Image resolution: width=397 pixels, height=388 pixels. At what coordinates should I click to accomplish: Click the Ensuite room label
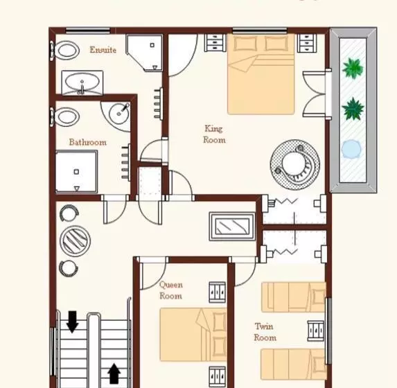pyautogui.click(x=103, y=50)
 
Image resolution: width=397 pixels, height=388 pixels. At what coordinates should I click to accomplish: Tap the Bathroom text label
pyautogui.click(x=87, y=142)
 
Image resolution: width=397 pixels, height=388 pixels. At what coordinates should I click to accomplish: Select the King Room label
pyautogui.click(x=214, y=134)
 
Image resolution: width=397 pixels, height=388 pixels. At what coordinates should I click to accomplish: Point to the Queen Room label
pyautogui.click(x=171, y=290)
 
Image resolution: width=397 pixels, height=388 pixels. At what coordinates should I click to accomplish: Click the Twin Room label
pyautogui.click(x=265, y=332)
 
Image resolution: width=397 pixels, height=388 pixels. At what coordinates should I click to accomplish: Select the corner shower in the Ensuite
pyautogui.click(x=145, y=53)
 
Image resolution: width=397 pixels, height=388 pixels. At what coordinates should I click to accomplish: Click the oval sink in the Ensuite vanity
pyautogui.click(x=82, y=82)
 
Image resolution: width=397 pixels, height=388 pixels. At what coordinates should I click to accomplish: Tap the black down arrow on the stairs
pyautogui.click(x=73, y=321)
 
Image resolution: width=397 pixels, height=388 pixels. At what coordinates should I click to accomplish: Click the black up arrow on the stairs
pyautogui.click(x=114, y=373)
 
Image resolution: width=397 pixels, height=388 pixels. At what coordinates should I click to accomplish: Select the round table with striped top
pyautogui.click(x=76, y=240)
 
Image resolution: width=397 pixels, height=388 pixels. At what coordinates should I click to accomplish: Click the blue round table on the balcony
pyautogui.click(x=351, y=150)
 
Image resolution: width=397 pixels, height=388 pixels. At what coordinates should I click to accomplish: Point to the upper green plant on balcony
pyautogui.click(x=353, y=69)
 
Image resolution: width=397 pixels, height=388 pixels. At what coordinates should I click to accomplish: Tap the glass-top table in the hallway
pyautogui.click(x=231, y=226)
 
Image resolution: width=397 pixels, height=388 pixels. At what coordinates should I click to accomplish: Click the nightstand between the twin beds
pyautogui.click(x=316, y=330)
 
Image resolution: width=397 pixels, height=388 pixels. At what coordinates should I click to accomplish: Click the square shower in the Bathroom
pyautogui.click(x=76, y=172)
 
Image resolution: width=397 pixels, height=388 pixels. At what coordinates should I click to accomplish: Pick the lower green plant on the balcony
pyautogui.click(x=353, y=109)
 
